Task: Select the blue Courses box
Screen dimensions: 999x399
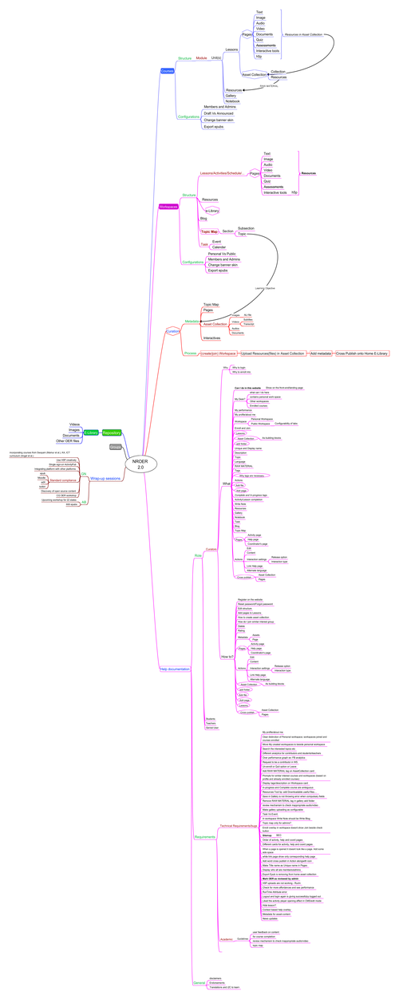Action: [167, 71]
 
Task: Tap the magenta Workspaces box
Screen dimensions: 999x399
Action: [168, 207]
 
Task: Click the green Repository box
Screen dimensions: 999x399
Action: [112, 432]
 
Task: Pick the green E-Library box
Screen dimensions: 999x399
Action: [91, 432]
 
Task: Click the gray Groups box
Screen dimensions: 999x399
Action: [116, 447]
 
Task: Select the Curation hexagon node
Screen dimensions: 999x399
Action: [172, 331]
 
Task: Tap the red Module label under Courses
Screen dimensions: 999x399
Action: [201, 58]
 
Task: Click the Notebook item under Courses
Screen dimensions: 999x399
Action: [232, 101]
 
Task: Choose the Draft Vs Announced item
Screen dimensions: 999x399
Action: [219, 113]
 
